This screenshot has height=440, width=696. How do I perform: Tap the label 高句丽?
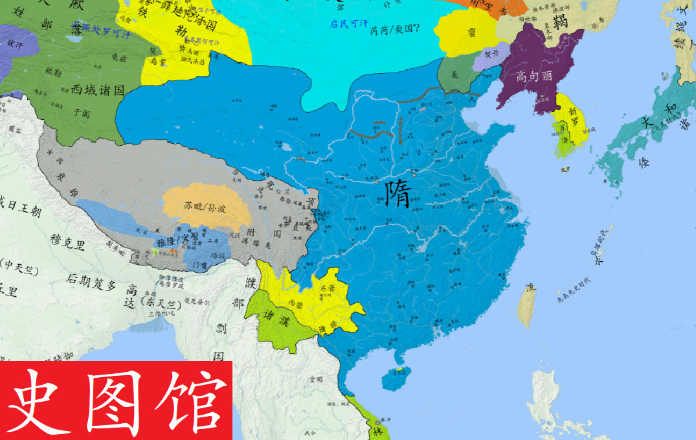534,76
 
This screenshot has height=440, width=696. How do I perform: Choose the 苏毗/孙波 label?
205,207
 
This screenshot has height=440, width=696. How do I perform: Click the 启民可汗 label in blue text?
348,24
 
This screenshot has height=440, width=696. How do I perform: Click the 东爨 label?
327,287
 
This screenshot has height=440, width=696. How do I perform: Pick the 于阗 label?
80,112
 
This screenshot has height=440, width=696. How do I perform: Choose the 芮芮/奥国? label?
394,29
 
